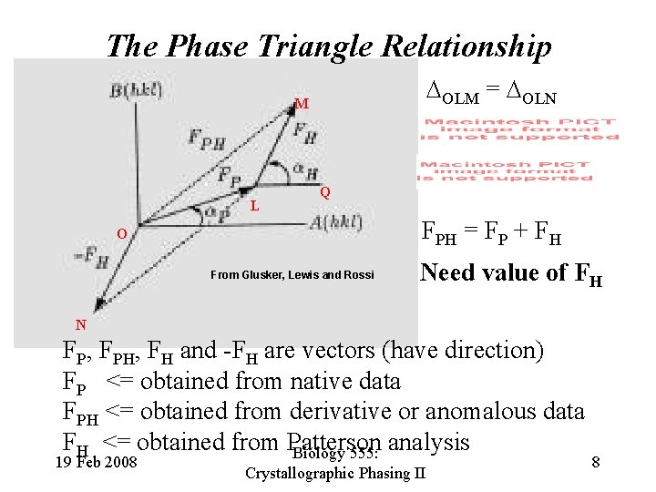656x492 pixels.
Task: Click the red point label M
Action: pyautogui.click(x=301, y=104)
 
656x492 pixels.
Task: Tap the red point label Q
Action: pyautogui.click(x=325, y=192)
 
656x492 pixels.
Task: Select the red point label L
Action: pyautogui.click(x=256, y=205)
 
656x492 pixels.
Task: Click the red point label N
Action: pyautogui.click(x=81, y=323)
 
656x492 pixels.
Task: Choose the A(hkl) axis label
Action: pyautogui.click(x=335, y=221)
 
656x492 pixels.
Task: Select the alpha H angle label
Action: pyautogui.click(x=305, y=172)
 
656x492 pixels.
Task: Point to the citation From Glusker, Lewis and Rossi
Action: pyautogui.click(x=292, y=274)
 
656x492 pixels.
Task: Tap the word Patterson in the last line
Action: pyautogui.click(x=334, y=444)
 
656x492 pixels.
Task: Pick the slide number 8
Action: pyautogui.click(x=595, y=463)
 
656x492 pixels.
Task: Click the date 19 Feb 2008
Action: pyautogui.click(x=96, y=463)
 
